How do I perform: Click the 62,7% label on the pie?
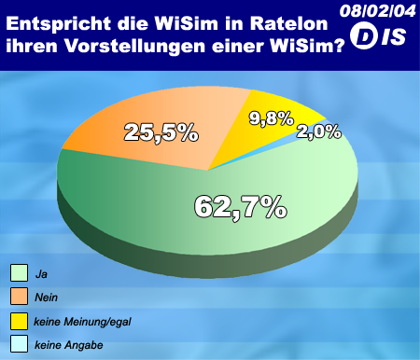coord(241,207)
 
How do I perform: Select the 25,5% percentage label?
coord(161,132)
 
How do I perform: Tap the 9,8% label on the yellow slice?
coord(272,118)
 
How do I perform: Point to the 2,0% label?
coord(319,132)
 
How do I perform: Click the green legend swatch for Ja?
coord(19,273)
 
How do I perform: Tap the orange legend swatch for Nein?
coord(19,296)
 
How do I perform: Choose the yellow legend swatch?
coord(19,321)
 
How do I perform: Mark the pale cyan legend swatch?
coord(19,343)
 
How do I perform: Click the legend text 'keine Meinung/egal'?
coord(82,322)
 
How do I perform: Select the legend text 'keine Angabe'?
coord(69,345)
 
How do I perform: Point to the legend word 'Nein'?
coord(47,298)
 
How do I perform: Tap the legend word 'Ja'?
coord(41,274)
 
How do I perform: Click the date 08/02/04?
coord(378,11)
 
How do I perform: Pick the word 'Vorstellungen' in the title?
coord(135,47)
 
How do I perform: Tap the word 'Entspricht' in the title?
coord(59,24)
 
